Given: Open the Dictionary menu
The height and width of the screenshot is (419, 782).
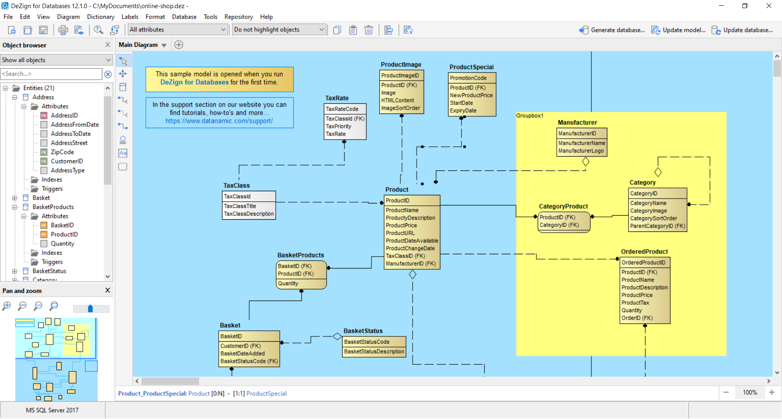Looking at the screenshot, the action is [x=101, y=17].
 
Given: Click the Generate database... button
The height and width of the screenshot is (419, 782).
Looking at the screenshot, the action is [x=612, y=30].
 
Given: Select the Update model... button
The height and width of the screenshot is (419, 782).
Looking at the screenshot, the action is [x=678, y=30].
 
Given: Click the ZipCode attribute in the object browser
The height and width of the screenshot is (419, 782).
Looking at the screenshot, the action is [x=62, y=152].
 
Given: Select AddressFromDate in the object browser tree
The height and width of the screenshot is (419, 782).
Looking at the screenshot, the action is [x=75, y=124].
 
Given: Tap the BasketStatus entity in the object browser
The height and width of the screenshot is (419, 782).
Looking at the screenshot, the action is [x=49, y=271].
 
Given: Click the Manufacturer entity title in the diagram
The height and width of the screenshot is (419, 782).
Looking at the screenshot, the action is [x=577, y=122].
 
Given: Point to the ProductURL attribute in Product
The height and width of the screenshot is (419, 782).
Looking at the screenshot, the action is [x=400, y=233].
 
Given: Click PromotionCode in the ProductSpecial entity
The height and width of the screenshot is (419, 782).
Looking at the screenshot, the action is [x=468, y=78].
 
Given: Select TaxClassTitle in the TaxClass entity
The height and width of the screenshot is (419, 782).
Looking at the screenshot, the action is [x=240, y=206].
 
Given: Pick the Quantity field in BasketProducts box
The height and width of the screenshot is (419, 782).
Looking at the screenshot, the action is [x=288, y=284].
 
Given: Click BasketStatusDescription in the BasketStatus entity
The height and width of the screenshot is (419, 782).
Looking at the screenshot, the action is [x=374, y=351].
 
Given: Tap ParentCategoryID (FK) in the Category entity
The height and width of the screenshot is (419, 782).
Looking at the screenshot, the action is [x=657, y=226].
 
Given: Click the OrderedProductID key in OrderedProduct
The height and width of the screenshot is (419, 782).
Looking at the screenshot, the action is [x=643, y=263].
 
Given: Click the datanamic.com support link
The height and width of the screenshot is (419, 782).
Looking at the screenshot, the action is [x=219, y=121].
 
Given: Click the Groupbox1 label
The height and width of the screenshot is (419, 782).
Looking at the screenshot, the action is [x=529, y=116].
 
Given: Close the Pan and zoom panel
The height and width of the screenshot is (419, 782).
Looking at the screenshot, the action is [x=108, y=290].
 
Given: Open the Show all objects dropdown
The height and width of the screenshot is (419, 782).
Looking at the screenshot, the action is [x=56, y=60].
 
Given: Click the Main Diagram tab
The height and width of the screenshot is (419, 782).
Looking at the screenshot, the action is [x=138, y=45].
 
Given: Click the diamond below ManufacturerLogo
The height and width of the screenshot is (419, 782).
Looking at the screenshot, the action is [x=586, y=161].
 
